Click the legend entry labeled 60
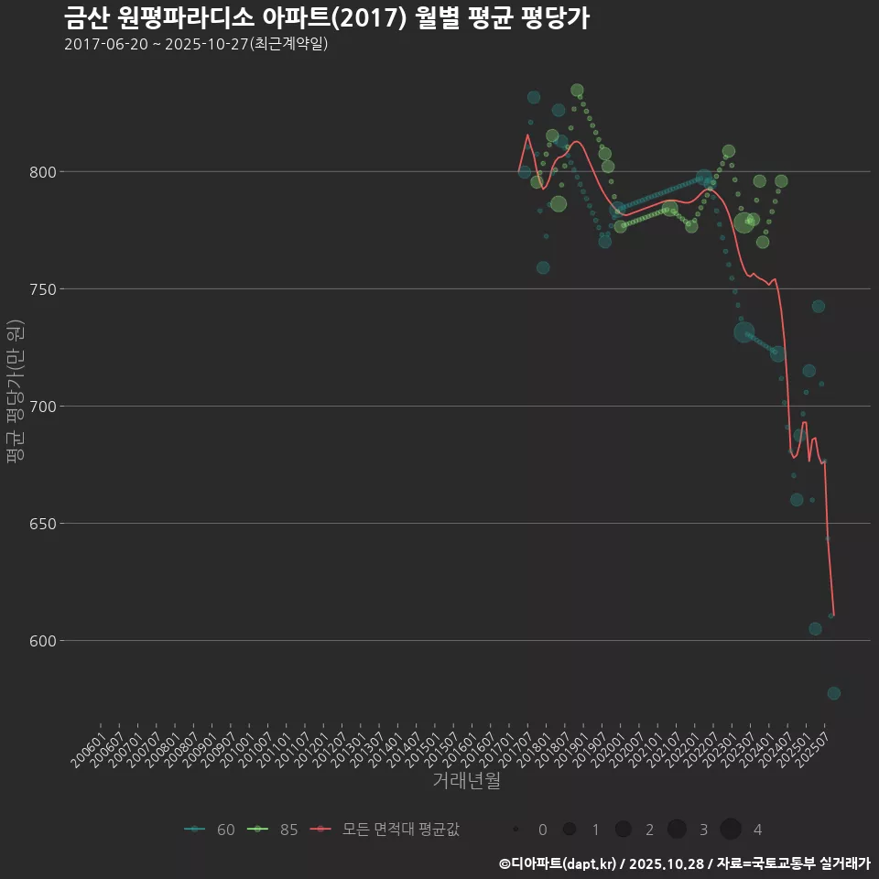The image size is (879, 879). coord(210,830)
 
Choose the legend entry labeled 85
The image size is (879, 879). coord(274,830)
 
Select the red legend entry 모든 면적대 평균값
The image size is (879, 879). coord(385,830)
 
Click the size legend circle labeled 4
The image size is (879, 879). coord(731,830)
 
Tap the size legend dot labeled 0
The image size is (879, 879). coord(516,830)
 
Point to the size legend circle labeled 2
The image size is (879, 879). coord(624,830)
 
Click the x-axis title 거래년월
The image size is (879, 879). coord(466,781)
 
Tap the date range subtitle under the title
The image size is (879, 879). coord(196,44)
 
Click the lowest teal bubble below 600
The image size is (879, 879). coord(833,693)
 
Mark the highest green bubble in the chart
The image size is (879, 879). coord(577,91)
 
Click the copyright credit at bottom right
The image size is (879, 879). coord(684,863)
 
